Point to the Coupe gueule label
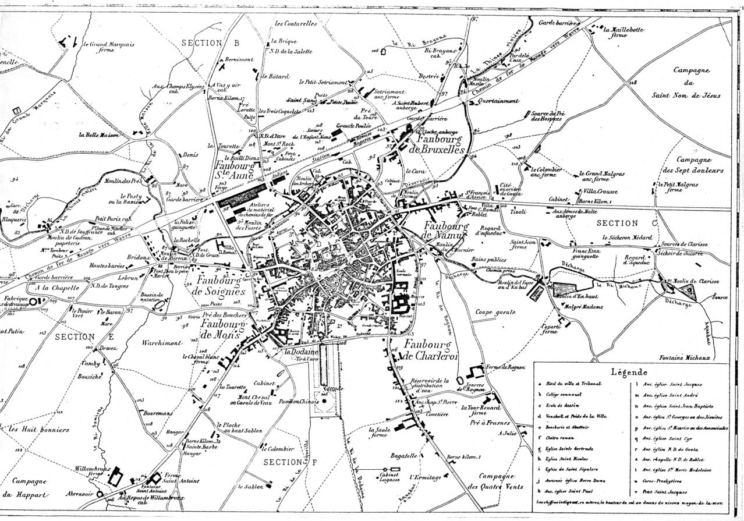tap(496, 312)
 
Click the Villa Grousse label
tap(603, 191)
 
